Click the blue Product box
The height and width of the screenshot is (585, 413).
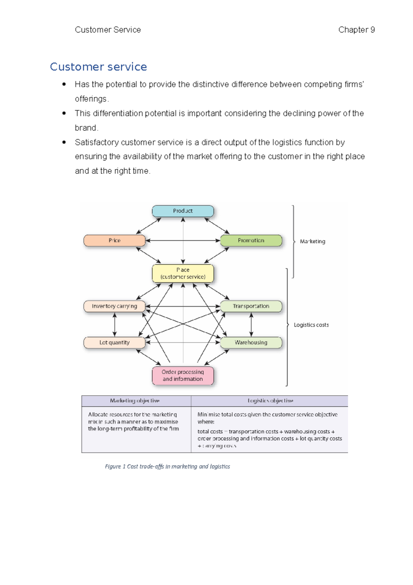183,211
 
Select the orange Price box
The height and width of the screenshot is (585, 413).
114,240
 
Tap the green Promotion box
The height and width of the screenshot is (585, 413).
251,240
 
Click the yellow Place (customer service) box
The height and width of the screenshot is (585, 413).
183,273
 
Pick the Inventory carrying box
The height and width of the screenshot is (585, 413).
114,306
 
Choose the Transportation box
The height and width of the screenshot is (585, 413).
251,306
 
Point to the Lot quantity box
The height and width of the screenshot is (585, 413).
114,342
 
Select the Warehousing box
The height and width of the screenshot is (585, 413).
251,342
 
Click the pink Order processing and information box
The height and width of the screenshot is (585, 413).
183,376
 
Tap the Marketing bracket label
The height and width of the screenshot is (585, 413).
312,242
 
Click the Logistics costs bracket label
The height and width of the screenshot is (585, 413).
311,325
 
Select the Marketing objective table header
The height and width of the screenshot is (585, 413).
135,401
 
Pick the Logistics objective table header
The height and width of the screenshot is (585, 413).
270,401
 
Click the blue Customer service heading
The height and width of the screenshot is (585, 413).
98,66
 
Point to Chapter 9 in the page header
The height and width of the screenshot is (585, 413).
356,30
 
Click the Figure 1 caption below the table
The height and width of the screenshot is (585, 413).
167,466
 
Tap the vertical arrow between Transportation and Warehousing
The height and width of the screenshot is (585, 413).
251,325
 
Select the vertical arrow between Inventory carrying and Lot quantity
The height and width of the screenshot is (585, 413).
115,325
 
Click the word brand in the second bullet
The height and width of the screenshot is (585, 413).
85,128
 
